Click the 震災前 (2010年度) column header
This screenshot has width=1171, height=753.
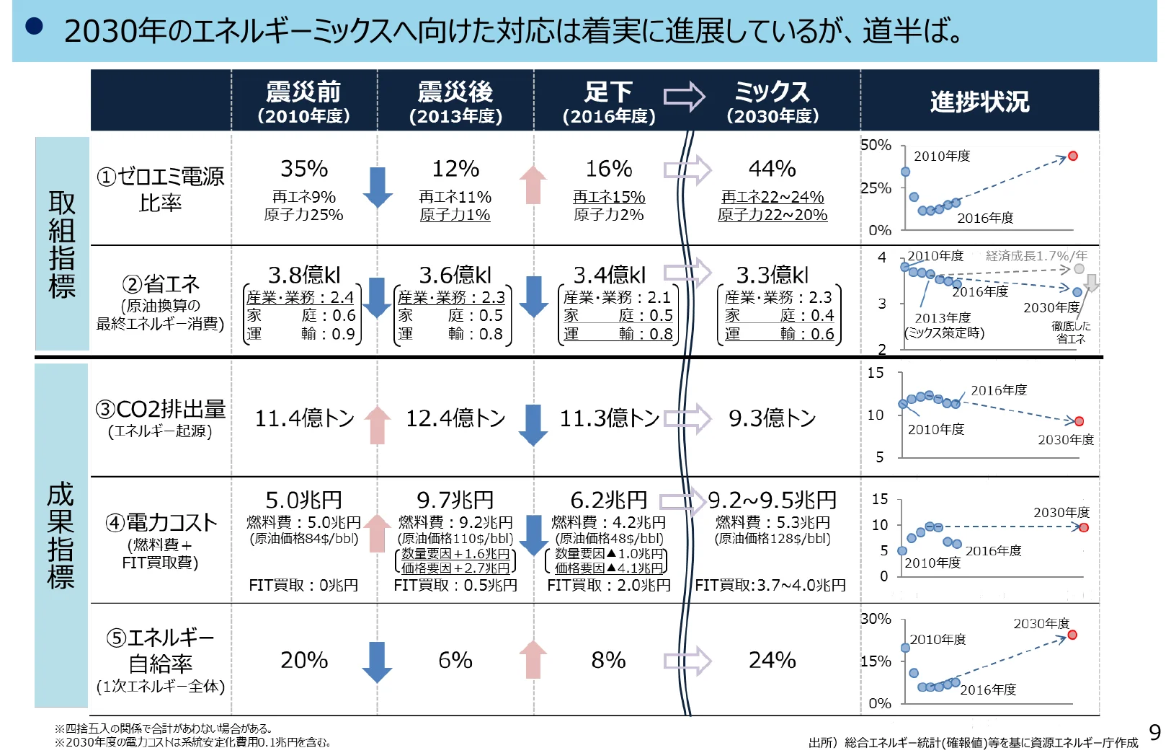pos(303,101)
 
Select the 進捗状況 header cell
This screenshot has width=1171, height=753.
pos(979,102)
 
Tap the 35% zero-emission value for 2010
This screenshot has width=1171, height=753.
pos(304,169)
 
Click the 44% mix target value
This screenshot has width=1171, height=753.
pos(772,169)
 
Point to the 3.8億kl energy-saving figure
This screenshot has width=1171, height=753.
pos(304,275)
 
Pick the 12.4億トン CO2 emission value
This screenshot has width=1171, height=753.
pos(455,418)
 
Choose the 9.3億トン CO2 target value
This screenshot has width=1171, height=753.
pos(772,418)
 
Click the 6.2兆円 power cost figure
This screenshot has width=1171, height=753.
pos(609,500)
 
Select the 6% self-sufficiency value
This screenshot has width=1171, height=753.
pos(455,660)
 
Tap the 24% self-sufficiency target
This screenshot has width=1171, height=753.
pos(772,660)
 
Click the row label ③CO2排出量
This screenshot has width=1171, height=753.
pos(161,410)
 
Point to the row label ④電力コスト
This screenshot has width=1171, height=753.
pos(161,522)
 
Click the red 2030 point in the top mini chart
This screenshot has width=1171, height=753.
pos(1072,156)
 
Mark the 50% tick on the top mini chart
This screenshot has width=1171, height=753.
pos(876,145)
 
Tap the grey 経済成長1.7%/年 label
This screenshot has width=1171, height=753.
pos(1036,256)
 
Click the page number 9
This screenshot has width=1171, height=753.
pos(1154,733)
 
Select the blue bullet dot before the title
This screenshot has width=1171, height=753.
pos(34,27)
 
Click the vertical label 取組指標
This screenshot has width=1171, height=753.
pos(62,244)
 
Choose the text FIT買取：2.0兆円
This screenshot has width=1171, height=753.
pos(609,585)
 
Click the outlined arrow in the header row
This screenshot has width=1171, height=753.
pos(683,97)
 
